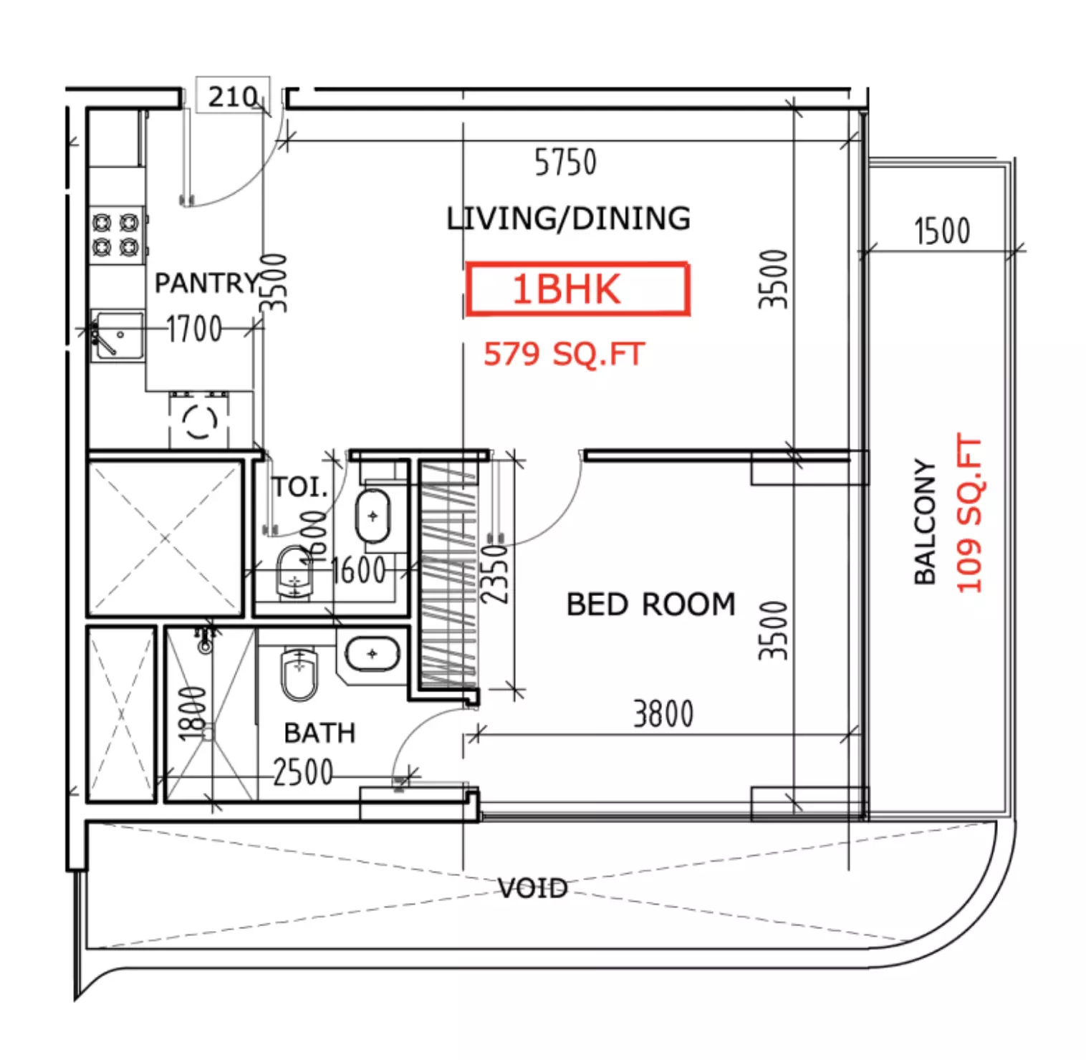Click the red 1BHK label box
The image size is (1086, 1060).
coord(577,289)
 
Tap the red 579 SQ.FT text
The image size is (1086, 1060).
coord(564,354)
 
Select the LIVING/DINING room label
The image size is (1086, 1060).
coord(569,218)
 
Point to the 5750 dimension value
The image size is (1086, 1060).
coord(565,163)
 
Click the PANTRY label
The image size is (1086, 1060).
coord(207,283)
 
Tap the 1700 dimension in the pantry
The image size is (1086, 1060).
coord(194,329)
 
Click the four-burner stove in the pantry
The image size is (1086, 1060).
coord(116,235)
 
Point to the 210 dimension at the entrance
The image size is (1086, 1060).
coord(233,96)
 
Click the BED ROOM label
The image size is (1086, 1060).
coord(650,604)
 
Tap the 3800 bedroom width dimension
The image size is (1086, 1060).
coord(663,714)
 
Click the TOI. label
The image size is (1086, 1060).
coord(299,487)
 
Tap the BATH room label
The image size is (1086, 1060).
coord(319,733)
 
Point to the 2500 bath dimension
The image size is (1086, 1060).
coord(303,772)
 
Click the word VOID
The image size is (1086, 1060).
coord(533,889)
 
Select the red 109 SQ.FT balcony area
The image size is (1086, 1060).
coord(969,514)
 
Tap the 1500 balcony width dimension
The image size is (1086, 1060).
coord(942,231)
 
